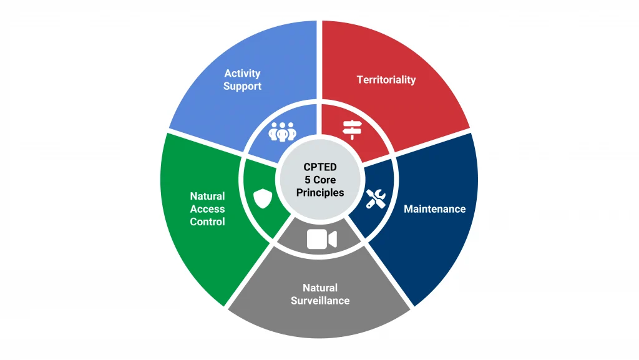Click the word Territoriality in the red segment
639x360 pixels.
click(386, 80)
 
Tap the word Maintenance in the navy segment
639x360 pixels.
click(434, 209)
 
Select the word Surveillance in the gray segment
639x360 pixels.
click(319, 300)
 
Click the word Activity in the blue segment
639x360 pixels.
click(242, 74)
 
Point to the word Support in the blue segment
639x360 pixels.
click(242, 86)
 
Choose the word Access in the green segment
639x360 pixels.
click(207, 209)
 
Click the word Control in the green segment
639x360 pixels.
click(207, 221)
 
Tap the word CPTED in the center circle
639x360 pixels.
click(319, 167)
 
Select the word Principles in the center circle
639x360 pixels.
click(319, 193)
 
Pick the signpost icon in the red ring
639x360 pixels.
click(353, 129)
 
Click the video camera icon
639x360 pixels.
click(321, 240)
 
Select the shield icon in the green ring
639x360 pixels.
click(263, 198)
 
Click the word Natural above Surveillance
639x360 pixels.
click(319, 288)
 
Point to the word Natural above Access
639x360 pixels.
click(207, 196)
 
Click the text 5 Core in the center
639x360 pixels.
click(319, 180)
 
